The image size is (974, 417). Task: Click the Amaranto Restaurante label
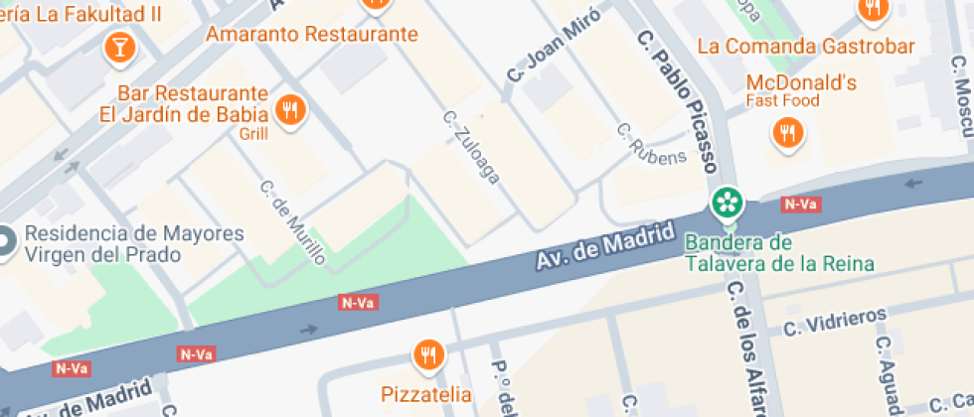point(311,34)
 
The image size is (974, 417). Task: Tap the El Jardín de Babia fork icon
point(290,111)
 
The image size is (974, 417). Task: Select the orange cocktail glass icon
point(119,46)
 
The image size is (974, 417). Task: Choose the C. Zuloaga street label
point(472,147)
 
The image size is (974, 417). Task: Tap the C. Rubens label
point(652,144)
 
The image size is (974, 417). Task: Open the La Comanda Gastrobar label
point(806,46)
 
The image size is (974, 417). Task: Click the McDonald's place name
point(801,83)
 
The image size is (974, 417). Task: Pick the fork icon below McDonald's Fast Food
point(788,132)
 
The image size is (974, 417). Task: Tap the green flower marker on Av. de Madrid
point(729,203)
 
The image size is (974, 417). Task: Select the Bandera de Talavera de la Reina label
point(780,253)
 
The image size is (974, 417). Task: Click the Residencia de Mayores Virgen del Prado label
point(134,244)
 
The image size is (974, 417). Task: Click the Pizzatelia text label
point(427,394)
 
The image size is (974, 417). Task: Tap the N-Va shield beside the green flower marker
point(800,205)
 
